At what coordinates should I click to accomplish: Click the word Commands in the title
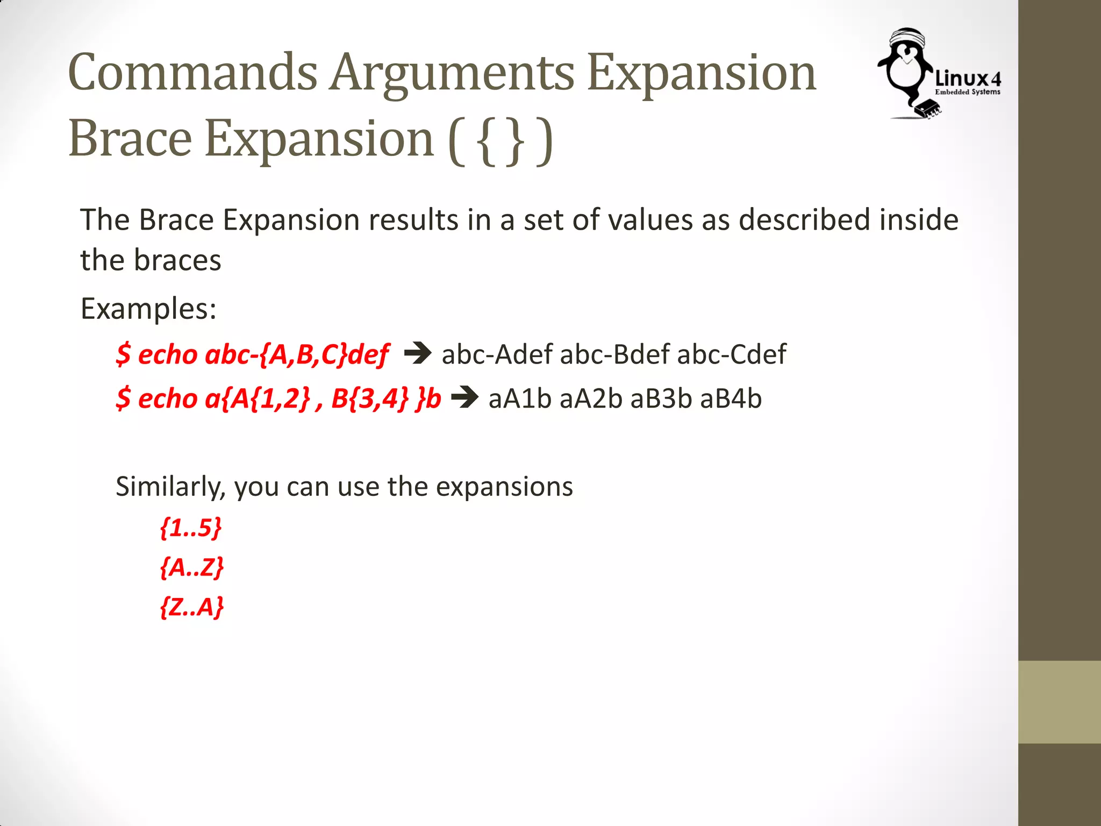click(x=192, y=73)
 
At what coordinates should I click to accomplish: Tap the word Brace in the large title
click(x=130, y=139)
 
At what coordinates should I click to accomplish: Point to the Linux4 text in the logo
click(x=968, y=79)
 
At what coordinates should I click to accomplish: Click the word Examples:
click(x=148, y=309)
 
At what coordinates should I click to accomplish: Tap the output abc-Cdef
click(x=732, y=354)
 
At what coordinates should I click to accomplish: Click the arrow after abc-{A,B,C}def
click(x=418, y=353)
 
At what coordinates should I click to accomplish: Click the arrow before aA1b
click(x=464, y=398)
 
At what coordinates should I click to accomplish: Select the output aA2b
click(x=591, y=399)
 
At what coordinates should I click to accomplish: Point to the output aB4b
click(x=731, y=399)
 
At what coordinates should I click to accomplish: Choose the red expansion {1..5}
click(x=191, y=528)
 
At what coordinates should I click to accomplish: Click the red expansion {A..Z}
click(x=192, y=567)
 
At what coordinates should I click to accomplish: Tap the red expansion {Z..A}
click(x=192, y=607)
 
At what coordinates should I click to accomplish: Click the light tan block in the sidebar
click(x=1059, y=702)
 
